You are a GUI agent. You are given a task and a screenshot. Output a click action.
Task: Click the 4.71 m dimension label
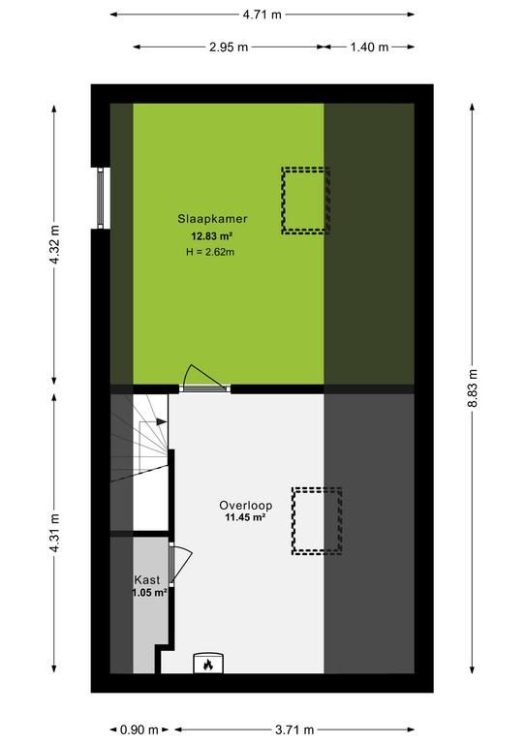coord(263,15)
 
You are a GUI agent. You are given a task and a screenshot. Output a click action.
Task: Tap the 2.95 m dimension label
coord(229,46)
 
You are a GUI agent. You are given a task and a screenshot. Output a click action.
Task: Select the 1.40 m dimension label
coord(369,46)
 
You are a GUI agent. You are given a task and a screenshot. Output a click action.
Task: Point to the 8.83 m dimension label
coord(473,387)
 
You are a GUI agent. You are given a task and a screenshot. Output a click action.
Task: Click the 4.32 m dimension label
coord(55,245)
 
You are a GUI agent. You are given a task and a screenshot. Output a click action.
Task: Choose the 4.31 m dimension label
coord(55,533)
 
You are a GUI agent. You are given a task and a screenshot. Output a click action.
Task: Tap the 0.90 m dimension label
coord(139,729)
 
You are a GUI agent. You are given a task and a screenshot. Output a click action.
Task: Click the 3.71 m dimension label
coord(294,729)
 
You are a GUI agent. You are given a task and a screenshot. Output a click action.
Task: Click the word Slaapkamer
coord(212,219)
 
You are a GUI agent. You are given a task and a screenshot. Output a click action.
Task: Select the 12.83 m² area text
coord(211,235)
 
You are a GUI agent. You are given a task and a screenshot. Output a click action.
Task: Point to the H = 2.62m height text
coord(210,252)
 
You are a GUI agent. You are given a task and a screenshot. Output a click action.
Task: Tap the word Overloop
coord(246,506)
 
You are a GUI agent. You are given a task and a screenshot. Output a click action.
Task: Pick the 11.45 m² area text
coord(245,517)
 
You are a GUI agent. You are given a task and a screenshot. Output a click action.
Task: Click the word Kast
coord(147,580)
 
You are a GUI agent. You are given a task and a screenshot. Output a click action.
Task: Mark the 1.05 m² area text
coord(149,593)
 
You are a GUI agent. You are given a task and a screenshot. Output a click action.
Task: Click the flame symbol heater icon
coord(208,665)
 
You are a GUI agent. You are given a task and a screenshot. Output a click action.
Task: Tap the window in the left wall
coord(100,198)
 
